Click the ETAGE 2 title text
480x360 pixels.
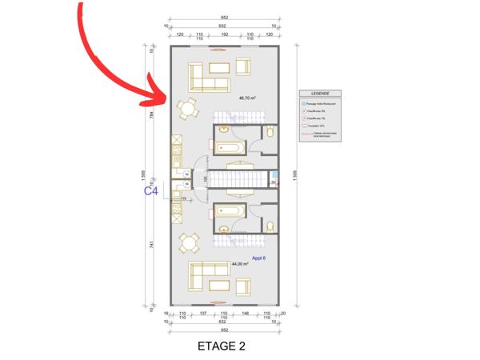220,346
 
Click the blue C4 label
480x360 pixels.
150,191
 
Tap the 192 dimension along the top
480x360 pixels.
224,35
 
